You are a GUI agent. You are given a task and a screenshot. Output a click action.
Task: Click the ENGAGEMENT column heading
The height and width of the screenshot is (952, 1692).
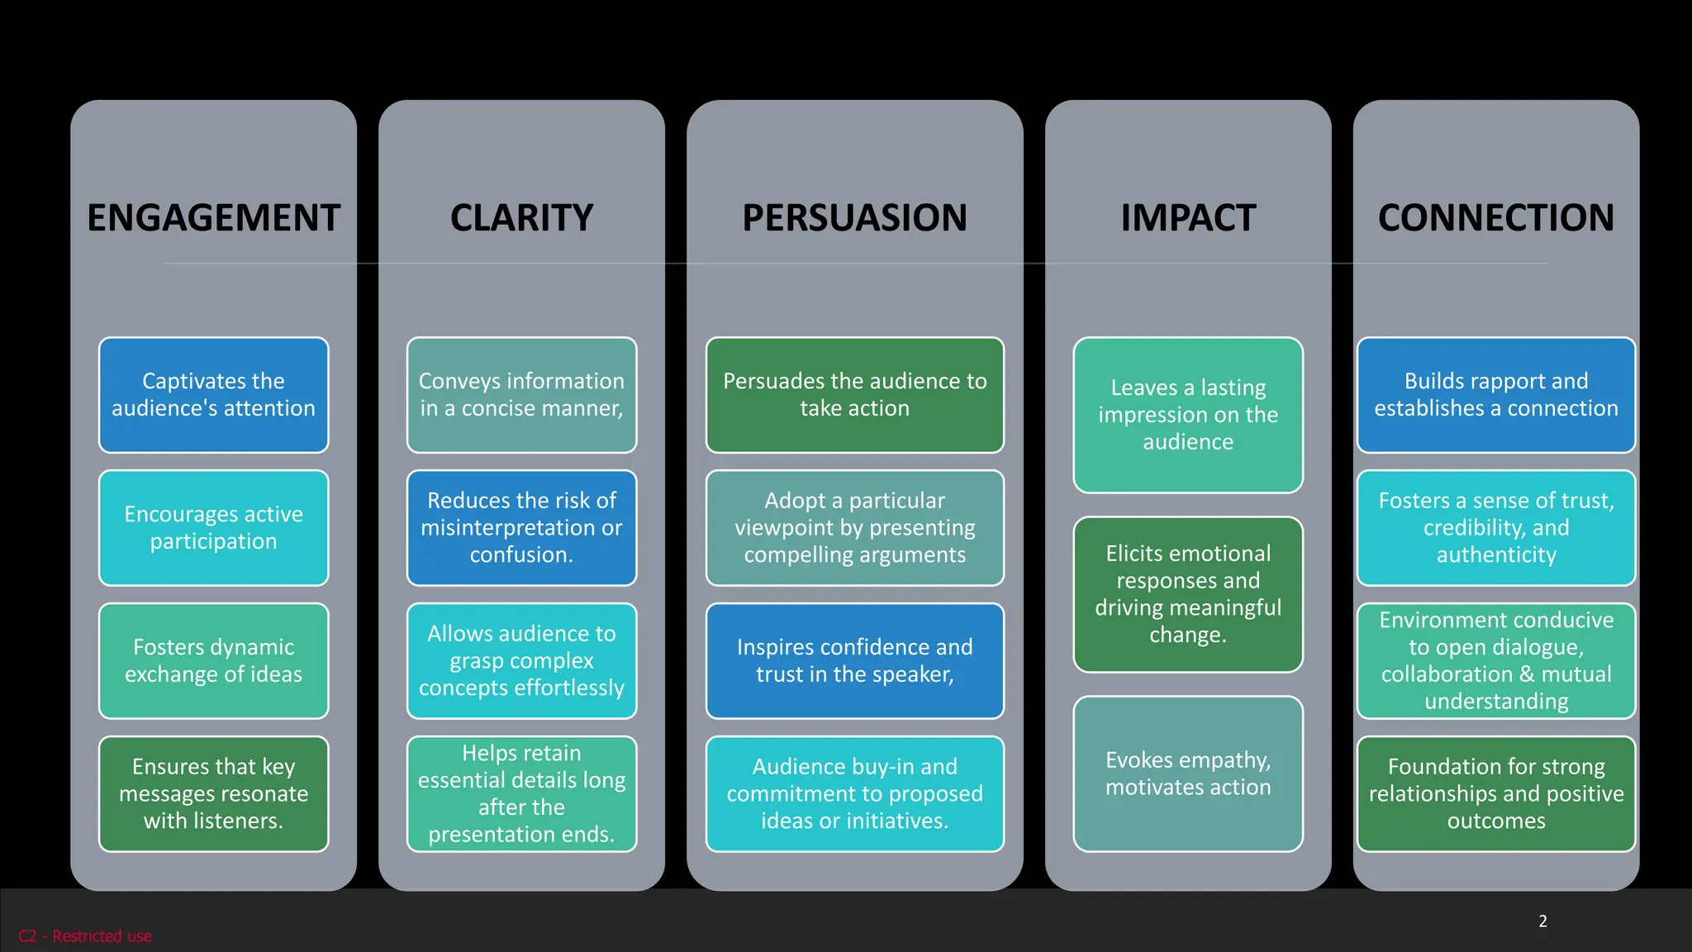(213, 218)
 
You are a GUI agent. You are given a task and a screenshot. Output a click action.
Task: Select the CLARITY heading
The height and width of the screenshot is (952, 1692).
(521, 218)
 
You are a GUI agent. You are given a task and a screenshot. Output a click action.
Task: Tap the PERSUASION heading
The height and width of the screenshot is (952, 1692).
(854, 218)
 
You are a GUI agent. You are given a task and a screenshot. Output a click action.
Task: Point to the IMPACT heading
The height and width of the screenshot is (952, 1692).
(1188, 218)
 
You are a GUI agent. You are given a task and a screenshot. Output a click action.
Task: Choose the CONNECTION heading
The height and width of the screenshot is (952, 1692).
(1495, 218)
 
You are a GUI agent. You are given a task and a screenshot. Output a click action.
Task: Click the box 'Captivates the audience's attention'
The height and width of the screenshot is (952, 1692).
(213, 395)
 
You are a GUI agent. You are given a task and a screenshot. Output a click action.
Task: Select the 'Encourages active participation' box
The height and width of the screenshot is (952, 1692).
(213, 528)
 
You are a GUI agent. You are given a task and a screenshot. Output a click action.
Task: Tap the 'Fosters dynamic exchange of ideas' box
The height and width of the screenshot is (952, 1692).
(213, 661)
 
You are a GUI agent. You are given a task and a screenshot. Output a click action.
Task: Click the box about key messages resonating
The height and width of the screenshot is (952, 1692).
(213, 794)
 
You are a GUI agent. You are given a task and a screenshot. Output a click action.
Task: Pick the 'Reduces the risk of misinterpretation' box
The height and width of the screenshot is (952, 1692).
(521, 528)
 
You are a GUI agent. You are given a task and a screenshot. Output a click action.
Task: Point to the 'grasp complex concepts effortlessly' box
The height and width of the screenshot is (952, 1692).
(521, 661)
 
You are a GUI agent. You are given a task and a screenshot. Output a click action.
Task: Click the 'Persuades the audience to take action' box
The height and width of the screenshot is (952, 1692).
(854, 395)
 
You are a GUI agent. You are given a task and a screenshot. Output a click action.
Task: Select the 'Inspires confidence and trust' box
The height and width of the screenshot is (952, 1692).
(854, 661)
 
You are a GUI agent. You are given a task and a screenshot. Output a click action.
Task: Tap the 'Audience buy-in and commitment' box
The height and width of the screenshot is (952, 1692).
(854, 794)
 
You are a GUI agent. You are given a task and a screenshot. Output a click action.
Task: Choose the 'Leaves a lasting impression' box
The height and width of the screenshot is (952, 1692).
(1188, 415)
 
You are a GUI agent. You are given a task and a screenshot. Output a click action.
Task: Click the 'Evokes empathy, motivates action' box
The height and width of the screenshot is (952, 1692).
(1188, 774)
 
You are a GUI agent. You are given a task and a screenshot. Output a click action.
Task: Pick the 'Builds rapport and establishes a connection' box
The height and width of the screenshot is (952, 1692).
(1495, 395)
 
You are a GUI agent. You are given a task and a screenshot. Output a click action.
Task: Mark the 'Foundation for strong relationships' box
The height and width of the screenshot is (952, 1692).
(1495, 794)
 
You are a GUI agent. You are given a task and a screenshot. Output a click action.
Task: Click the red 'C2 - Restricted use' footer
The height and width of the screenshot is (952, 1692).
(85, 936)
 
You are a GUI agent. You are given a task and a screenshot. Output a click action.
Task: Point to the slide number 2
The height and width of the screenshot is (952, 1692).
(1542, 921)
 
